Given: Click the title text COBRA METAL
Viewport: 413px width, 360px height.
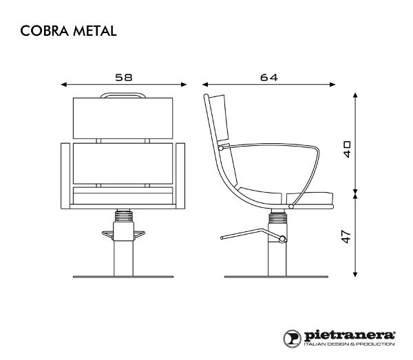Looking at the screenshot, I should coord(67,31).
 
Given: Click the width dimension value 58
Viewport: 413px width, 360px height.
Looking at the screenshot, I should coord(124,78).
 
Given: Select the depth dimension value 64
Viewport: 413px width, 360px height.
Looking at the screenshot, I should coord(268,78).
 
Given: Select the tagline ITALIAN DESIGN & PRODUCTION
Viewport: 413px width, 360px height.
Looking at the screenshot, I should coord(349,344).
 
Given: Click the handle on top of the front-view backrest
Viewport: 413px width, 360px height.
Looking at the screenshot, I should coord(124,96).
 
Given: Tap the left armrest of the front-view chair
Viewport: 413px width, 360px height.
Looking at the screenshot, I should coord(66,176).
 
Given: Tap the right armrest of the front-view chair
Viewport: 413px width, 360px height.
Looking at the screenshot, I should coord(182,176).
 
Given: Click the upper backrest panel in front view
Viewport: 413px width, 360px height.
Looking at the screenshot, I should coord(124,118).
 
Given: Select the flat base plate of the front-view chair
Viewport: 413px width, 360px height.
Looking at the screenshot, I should coord(124,277).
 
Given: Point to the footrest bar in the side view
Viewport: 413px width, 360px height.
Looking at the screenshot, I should coord(248,234).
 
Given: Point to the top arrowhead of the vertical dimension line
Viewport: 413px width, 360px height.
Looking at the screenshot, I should coord(355,94).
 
